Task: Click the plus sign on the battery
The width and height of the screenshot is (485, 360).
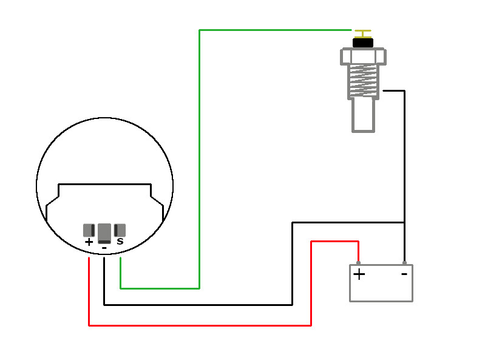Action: pos(359,274)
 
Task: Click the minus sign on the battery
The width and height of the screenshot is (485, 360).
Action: pos(404,274)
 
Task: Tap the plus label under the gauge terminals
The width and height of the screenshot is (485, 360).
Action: pos(89,242)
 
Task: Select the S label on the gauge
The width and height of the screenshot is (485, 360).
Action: pos(120,242)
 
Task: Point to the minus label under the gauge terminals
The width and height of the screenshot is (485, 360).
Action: pos(104,248)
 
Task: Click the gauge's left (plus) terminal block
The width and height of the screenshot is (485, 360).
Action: pos(89,230)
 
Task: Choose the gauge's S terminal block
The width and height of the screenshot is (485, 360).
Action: pos(120,230)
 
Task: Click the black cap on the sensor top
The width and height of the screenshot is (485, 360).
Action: pos(363,42)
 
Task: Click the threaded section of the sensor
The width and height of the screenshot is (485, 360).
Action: pos(363,81)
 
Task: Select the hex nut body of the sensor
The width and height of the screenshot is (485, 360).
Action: pos(363,56)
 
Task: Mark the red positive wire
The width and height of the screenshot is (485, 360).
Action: pos(200,325)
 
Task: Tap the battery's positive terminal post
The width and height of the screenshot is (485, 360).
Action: pos(358,263)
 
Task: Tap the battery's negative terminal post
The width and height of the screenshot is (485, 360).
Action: pos(404,263)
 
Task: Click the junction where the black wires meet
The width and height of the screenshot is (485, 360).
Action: pos(404,222)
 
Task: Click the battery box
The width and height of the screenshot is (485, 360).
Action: pos(381,288)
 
